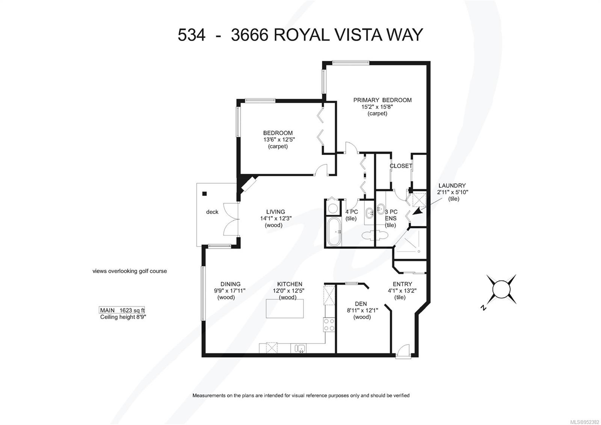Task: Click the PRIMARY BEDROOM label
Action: [382, 100]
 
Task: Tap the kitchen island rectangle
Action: [285, 308]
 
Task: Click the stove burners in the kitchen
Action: [329, 325]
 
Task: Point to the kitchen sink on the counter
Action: [300, 348]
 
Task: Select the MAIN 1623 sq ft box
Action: [122, 310]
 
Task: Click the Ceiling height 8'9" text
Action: [123, 317]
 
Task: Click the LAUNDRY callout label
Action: [452, 185]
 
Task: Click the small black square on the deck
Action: [205, 194]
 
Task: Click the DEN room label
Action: [361, 304]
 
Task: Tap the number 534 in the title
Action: [191, 35]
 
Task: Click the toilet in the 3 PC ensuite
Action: [374, 235]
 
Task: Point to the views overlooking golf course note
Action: [130, 271]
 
